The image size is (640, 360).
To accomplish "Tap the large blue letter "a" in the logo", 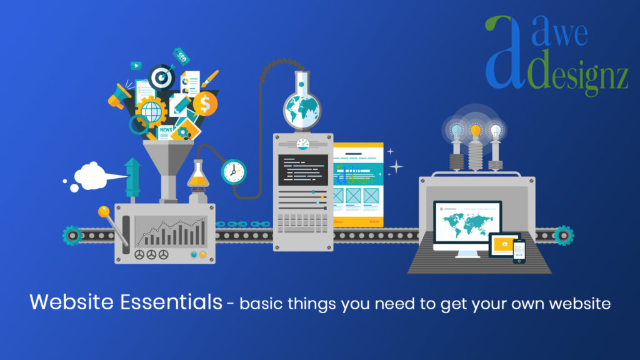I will tap(503, 53).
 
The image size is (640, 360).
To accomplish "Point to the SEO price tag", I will tap(182, 57).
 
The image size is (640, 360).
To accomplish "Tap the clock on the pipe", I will tap(234, 171).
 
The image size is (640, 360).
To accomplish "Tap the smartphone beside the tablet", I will tap(519, 250).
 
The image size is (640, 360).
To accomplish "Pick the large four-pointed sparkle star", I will tap(396, 166).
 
